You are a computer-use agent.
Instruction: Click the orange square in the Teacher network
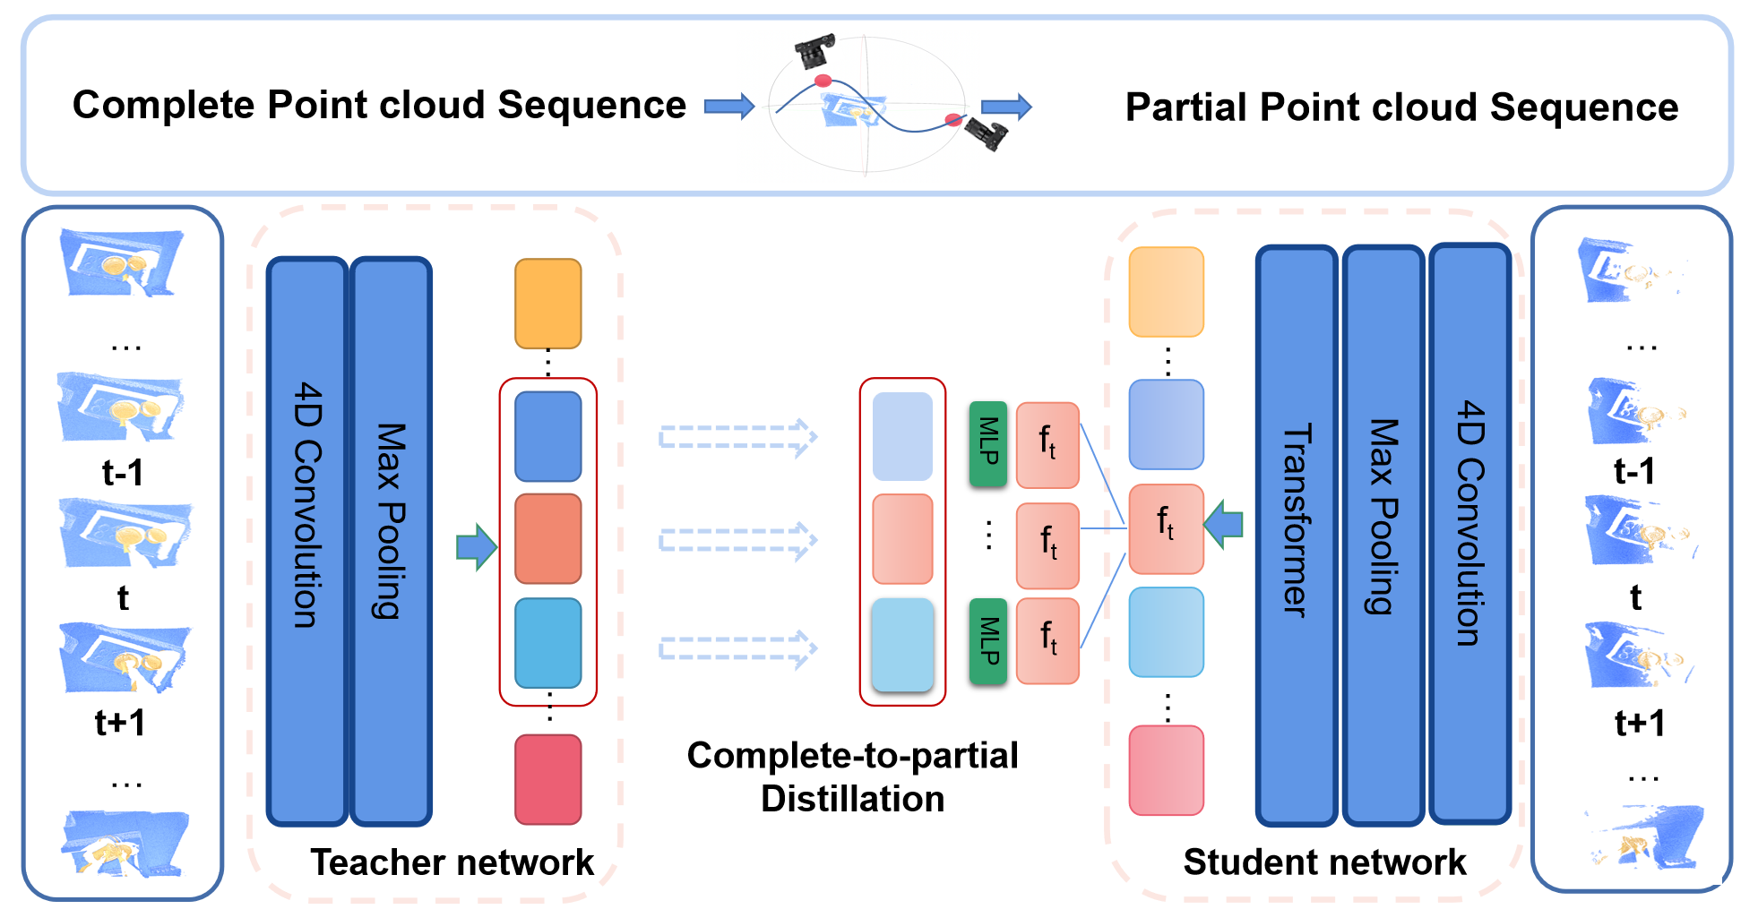pyautogui.click(x=547, y=304)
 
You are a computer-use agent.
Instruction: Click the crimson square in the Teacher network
pyautogui.click(x=547, y=778)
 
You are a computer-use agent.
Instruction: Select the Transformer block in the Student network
pyautogui.click(x=1297, y=536)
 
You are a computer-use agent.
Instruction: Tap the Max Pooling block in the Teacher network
pyautogui.click(x=391, y=541)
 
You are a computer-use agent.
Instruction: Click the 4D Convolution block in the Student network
pyautogui.click(x=1470, y=534)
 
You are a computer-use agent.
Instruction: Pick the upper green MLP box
pyautogui.click(x=988, y=444)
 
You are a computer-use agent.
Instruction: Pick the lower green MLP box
pyautogui.click(x=988, y=641)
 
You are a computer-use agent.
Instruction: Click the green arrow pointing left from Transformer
pyautogui.click(x=1224, y=524)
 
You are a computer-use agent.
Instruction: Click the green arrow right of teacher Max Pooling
pyautogui.click(x=476, y=546)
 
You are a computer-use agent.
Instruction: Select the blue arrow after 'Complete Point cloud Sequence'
pyautogui.click(x=729, y=107)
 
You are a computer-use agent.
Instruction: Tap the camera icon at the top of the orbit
pyautogui.click(x=814, y=51)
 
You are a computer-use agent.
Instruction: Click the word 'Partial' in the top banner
pyautogui.click(x=1185, y=107)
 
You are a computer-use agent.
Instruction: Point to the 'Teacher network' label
pyautogui.click(x=452, y=862)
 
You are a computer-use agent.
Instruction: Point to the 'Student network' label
pyautogui.click(x=1324, y=862)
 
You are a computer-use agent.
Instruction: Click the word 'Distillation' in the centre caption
pyautogui.click(x=852, y=798)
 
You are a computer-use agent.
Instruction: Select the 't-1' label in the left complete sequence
pyautogui.click(x=123, y=472)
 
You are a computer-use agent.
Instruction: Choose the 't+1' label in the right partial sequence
pyautogui.click(x=1640, y=722)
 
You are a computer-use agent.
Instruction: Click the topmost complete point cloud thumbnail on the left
pyautogui.click(x=122, y=262)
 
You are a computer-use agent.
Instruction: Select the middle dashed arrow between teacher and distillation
pyautogui.click(x=737, y=541)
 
